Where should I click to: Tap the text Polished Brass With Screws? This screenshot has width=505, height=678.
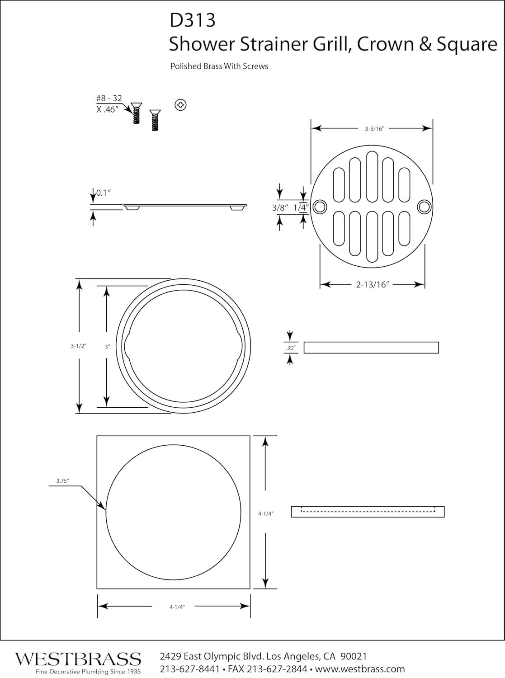coord(219,66)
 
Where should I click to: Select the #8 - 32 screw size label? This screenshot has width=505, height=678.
coord(109,99)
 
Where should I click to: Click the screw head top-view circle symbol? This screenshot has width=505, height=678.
coord(180,105)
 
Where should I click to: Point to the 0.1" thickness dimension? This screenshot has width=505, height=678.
coord(104,193)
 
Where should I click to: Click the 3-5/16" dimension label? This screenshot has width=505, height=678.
coord(374,129)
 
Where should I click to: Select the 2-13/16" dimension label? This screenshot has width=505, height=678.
coord(373,285)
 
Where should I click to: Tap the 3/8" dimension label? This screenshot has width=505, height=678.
coord(280,208)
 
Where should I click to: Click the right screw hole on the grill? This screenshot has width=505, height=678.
coord(424,207)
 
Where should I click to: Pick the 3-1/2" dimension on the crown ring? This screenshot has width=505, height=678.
coord(78,346)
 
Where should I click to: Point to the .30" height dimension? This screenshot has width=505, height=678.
coord(290,348)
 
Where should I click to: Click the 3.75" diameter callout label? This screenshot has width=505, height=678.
coord(62,481)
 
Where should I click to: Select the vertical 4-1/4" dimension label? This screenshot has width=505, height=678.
coord(266,513)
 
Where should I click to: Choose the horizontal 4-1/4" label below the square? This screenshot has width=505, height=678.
coord(177,607)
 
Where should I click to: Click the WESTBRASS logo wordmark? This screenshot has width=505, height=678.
coord(78,658)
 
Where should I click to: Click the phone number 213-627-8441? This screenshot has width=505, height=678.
coord(190,669)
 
